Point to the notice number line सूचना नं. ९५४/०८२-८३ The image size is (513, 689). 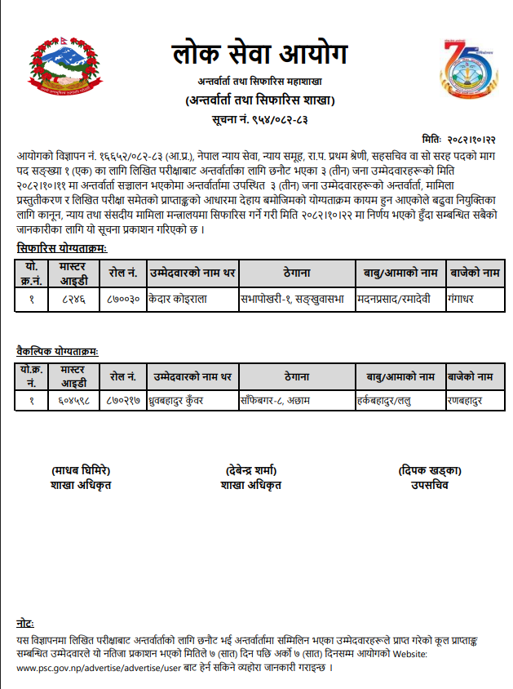[259, 120]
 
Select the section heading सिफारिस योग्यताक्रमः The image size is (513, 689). [62, 247]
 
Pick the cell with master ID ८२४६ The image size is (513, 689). [73, 300]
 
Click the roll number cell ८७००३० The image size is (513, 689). [122, 300]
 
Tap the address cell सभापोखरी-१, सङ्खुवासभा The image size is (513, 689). [294, 300]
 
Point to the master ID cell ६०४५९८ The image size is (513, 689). [73, 401]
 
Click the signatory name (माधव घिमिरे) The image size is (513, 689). [80, 470]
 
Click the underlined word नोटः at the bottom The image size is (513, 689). [25, 623]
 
